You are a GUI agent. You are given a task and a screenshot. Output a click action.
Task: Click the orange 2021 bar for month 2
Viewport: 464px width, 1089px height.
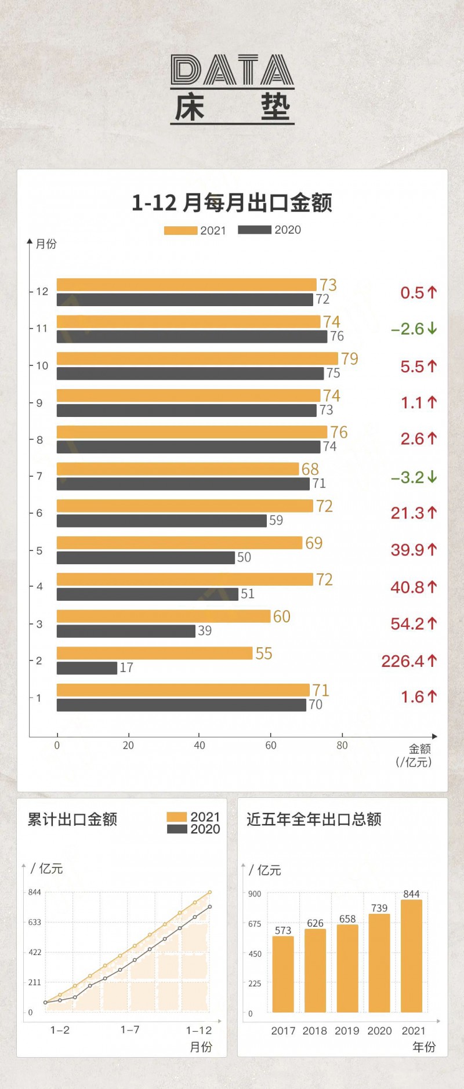[x=154, y=653]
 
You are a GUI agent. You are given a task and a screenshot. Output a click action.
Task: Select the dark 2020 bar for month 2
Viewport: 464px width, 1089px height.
[x=87, y=668]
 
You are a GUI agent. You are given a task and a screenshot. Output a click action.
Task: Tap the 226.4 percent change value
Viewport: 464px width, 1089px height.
[x=408, y=661]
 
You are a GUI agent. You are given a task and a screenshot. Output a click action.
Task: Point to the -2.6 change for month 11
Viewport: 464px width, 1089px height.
[x=414, y=329]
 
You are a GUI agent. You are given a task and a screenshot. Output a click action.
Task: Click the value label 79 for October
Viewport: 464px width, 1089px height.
[x=349, y=359]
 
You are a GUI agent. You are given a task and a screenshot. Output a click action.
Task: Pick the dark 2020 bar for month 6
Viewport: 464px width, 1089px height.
[x=161, y=521]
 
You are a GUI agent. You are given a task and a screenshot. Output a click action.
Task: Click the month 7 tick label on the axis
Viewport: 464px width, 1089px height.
[x=39, y=476]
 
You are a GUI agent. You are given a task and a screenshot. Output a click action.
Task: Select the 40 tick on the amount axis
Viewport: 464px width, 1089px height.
[x=200, y=746]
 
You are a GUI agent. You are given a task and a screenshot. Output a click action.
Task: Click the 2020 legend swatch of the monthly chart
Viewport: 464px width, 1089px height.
[x=254, y=230]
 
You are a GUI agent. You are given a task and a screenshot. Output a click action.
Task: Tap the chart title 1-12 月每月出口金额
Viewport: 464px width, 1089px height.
[x=232, y=203]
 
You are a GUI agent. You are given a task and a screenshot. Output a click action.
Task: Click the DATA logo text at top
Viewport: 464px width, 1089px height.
[x=232, y=70]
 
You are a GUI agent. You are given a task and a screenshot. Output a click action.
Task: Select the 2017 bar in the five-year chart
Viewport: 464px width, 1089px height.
[x=283, y=974]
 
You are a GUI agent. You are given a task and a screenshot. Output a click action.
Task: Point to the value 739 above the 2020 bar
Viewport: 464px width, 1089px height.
[x=379, y=908]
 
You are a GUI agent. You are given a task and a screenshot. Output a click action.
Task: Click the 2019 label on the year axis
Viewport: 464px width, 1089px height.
[x=347, y=1031]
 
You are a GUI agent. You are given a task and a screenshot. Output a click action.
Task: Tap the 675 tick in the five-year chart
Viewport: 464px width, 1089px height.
[x=255, y=924]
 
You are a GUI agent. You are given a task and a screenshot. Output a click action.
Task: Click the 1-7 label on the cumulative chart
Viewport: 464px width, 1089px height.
[x=130, y=1030]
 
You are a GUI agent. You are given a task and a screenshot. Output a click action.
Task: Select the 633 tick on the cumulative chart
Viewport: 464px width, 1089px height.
[x=35, y=922]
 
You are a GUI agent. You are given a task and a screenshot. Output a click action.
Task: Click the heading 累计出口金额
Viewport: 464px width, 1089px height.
[x=72, y=819]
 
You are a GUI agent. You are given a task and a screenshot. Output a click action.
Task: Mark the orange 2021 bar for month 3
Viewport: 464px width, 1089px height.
[x=164, y=616]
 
